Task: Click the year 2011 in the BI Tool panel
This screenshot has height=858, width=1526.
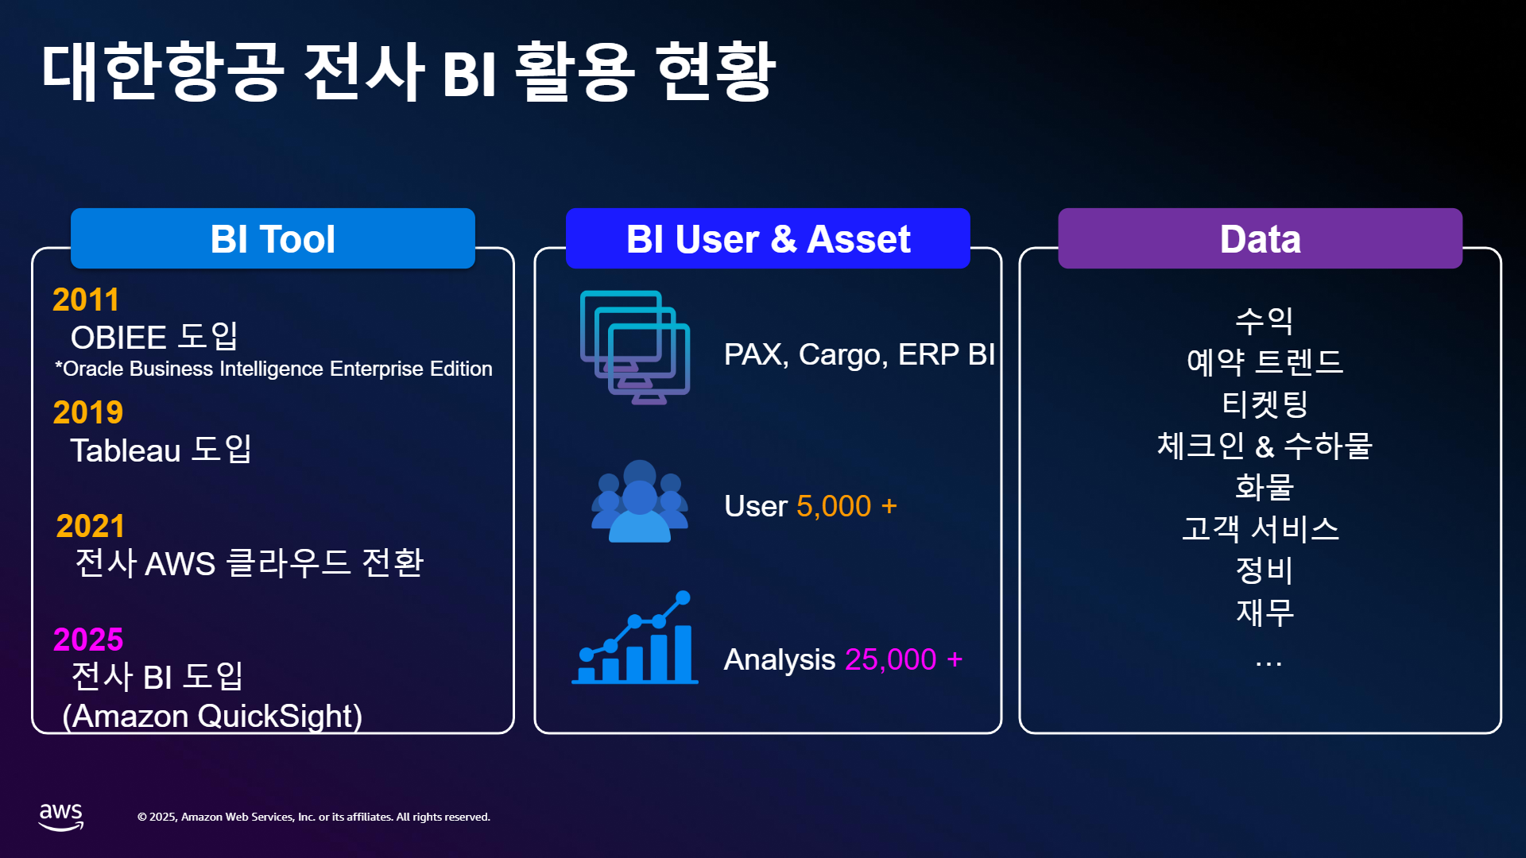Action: (86, 300)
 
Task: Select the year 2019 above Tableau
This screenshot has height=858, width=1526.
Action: (88, 413)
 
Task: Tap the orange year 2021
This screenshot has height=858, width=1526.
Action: (91, 527)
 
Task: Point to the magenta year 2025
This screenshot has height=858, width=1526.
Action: (88, 640)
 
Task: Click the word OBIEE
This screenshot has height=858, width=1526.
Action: (118, 338)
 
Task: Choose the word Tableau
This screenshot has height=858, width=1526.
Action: (126, 451)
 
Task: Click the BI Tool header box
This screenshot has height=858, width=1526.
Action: (273, 238)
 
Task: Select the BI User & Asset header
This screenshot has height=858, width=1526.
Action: (768, 238)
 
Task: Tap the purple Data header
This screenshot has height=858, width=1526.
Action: (1260, 238)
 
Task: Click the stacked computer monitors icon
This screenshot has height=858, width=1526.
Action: (635, 347)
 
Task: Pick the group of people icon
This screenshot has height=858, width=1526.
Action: (640, 501)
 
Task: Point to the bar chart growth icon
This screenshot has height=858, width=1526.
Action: (635, 638)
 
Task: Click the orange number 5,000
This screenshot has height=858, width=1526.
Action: (834, 507)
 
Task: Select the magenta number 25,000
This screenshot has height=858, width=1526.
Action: (890, 660)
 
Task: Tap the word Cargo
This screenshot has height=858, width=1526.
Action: (842, 355)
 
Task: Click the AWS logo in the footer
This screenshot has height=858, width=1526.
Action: (61, 816)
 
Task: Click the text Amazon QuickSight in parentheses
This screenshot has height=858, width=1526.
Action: (212, 717)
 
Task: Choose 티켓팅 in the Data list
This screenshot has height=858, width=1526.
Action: (1265, 404)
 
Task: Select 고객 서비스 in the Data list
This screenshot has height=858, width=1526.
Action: (1261, 528)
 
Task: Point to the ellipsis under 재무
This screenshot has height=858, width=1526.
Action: (1268, 664)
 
